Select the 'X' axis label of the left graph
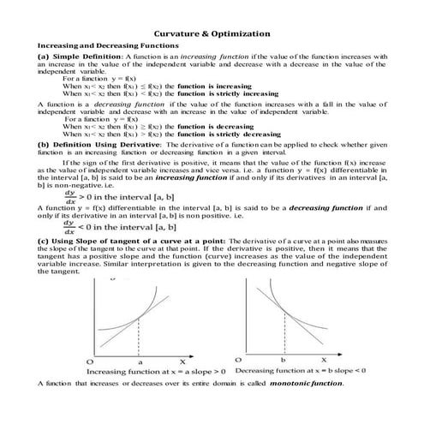point(181,361)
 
